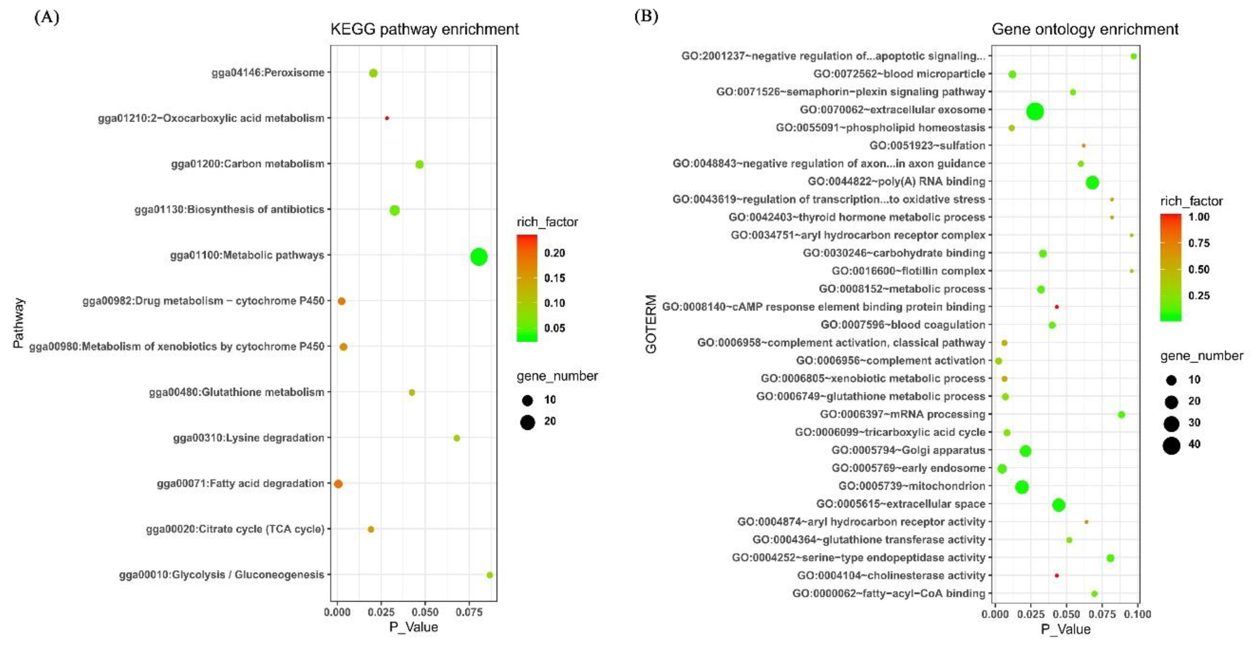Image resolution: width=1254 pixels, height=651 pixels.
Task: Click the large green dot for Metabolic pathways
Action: [478, 256]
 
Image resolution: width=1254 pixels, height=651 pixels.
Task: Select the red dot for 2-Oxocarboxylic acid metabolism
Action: [387, 118]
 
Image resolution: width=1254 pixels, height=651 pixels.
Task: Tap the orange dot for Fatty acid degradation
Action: [338, 484]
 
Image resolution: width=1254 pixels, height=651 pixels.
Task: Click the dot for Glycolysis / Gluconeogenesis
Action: [490, 575]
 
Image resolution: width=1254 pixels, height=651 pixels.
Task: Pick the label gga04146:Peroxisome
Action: [268, 72]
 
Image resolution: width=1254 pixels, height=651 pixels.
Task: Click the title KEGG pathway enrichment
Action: [424, 29]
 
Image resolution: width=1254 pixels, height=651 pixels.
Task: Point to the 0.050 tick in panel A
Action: [425, 612]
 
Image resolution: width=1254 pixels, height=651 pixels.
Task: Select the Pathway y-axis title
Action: [18, 323]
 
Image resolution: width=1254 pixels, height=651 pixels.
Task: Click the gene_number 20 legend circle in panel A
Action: [527, 421]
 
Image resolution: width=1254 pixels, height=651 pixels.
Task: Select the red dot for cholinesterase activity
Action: [1057, 575]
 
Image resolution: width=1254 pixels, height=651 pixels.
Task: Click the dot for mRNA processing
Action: [1121, 415]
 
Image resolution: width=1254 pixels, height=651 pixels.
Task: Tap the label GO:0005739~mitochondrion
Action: [912, 486]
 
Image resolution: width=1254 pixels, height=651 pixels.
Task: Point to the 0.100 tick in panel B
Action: [1138, 614]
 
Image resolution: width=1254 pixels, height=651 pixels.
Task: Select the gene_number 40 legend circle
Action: [1172, 445]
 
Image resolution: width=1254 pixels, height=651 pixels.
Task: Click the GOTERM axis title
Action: [651, 324]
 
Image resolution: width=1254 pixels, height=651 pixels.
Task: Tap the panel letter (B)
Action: [646, 17]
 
